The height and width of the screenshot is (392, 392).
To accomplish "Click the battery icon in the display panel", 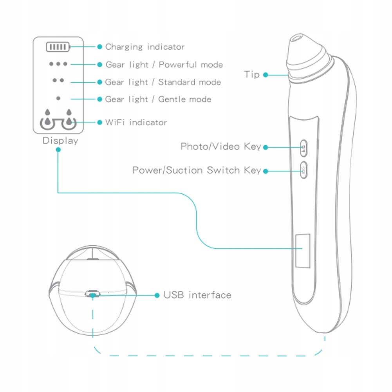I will pyautogui.click(x=58, y=47).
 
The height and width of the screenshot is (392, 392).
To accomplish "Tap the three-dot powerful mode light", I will pyautogui.click(x=58, y=63).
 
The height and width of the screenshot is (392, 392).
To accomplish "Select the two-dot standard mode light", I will pyautogui.click(x=58, y=80).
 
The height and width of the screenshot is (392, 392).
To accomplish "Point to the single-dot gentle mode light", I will pyautogui.click(x=58, y=98).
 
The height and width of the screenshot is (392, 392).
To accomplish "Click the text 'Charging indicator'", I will pyautogui.click(x=145, y=47).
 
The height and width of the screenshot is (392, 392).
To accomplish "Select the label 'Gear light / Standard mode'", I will pyautogui.click(x=163, y=82).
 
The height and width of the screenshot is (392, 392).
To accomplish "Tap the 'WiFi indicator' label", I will pyautogui.click(x=136, y=122).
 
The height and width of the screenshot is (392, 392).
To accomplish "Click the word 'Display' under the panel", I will pyautogui.click(x=60, y=141).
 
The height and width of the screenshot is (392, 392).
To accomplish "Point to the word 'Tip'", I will pyautogui.click(x=252, y=74).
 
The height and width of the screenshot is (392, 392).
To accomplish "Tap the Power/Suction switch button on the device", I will pyautogui.click(x=303, y=170).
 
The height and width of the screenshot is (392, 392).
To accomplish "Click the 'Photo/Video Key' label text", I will pyautogui.click(x=220, y=146).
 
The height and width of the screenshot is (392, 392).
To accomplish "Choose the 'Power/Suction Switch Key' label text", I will pyautogui.click(x=197, y=170).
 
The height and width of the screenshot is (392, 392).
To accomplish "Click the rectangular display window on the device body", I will pyautogui.click(x=302, y=249).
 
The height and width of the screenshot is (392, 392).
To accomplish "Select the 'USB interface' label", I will pyautogui.click(x=197, y=295).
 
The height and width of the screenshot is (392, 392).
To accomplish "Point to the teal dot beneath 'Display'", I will pyautogui.click(x=58, y=149).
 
